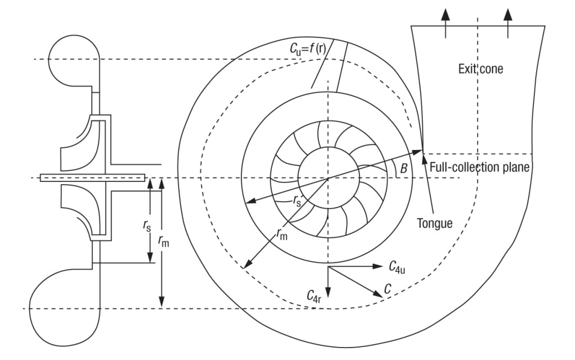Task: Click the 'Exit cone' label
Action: [x=481, y=69]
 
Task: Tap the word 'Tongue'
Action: [x=435, y=223]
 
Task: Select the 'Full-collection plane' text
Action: [x=480, y=167]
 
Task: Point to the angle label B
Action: [x=404, y=168]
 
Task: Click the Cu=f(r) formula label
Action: [x=308, y=48]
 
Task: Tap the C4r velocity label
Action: [x=314, y=295]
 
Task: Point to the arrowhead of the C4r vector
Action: [x=328, y=292]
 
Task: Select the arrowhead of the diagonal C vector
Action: [x=378, y=294]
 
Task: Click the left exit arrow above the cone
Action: [x=445, y=22]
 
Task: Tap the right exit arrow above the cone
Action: [x=508, y=22]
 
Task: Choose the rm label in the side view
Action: [x=163, y=240]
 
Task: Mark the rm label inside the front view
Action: [x=282, y=234]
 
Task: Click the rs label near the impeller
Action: [x=296, y=200]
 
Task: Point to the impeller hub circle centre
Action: [x=328, y=178]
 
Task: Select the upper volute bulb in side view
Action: [x=74, y=61]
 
